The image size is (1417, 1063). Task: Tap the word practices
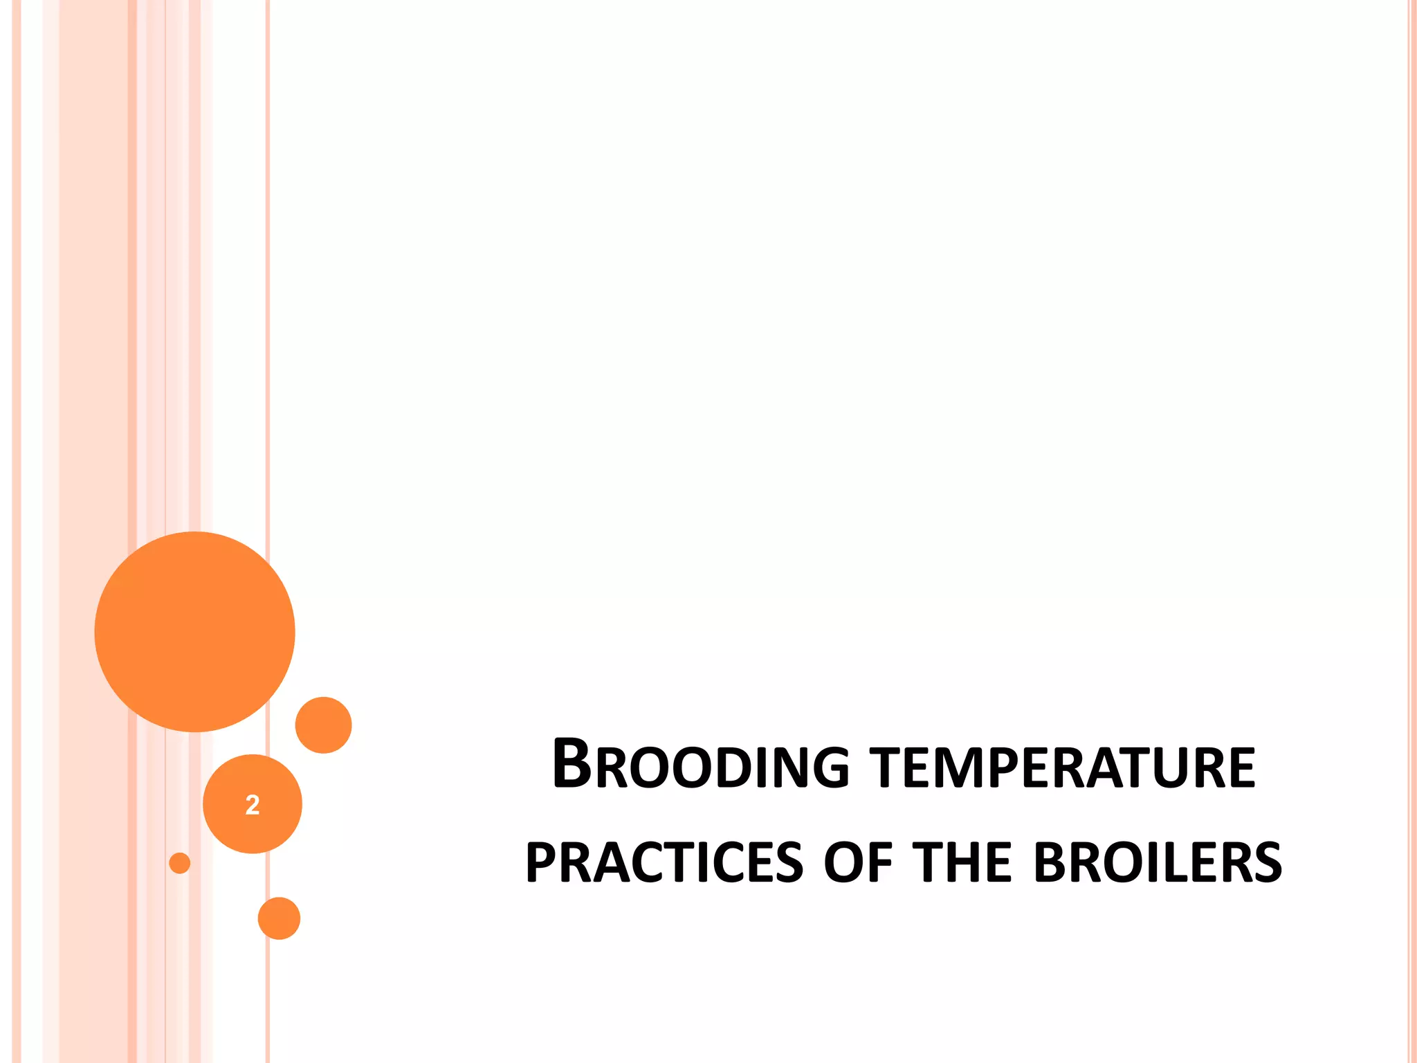tap(664, 862)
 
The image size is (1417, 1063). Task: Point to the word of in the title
tap(858, 862)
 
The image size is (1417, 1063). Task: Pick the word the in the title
tap(962, 862)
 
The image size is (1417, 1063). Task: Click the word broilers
tap(1158, 862)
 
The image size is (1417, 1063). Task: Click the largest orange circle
tap(194, 631)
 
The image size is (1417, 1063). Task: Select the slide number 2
tap(253, 804)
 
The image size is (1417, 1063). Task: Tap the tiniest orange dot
tap(179, 863)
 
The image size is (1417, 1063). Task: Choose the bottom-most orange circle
tap(279, 918)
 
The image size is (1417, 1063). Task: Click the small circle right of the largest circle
tap(323, 725)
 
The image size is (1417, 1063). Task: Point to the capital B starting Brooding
tap(572, 764)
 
